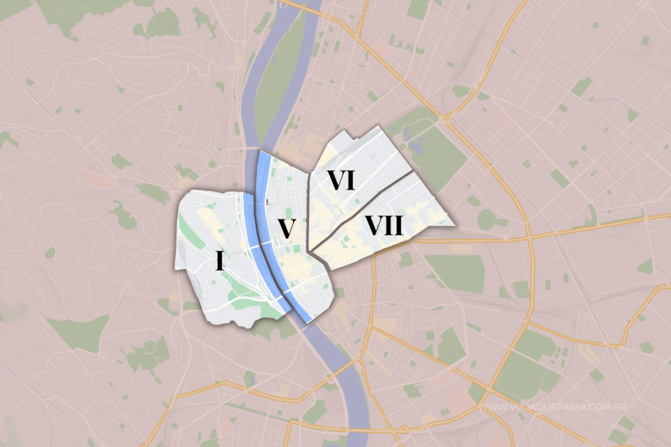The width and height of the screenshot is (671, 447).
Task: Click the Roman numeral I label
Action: [220, 261]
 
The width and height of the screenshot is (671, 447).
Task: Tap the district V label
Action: [285, 228]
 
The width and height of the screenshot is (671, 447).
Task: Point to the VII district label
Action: [383, 226]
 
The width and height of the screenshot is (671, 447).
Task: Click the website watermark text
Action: [553, 407]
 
